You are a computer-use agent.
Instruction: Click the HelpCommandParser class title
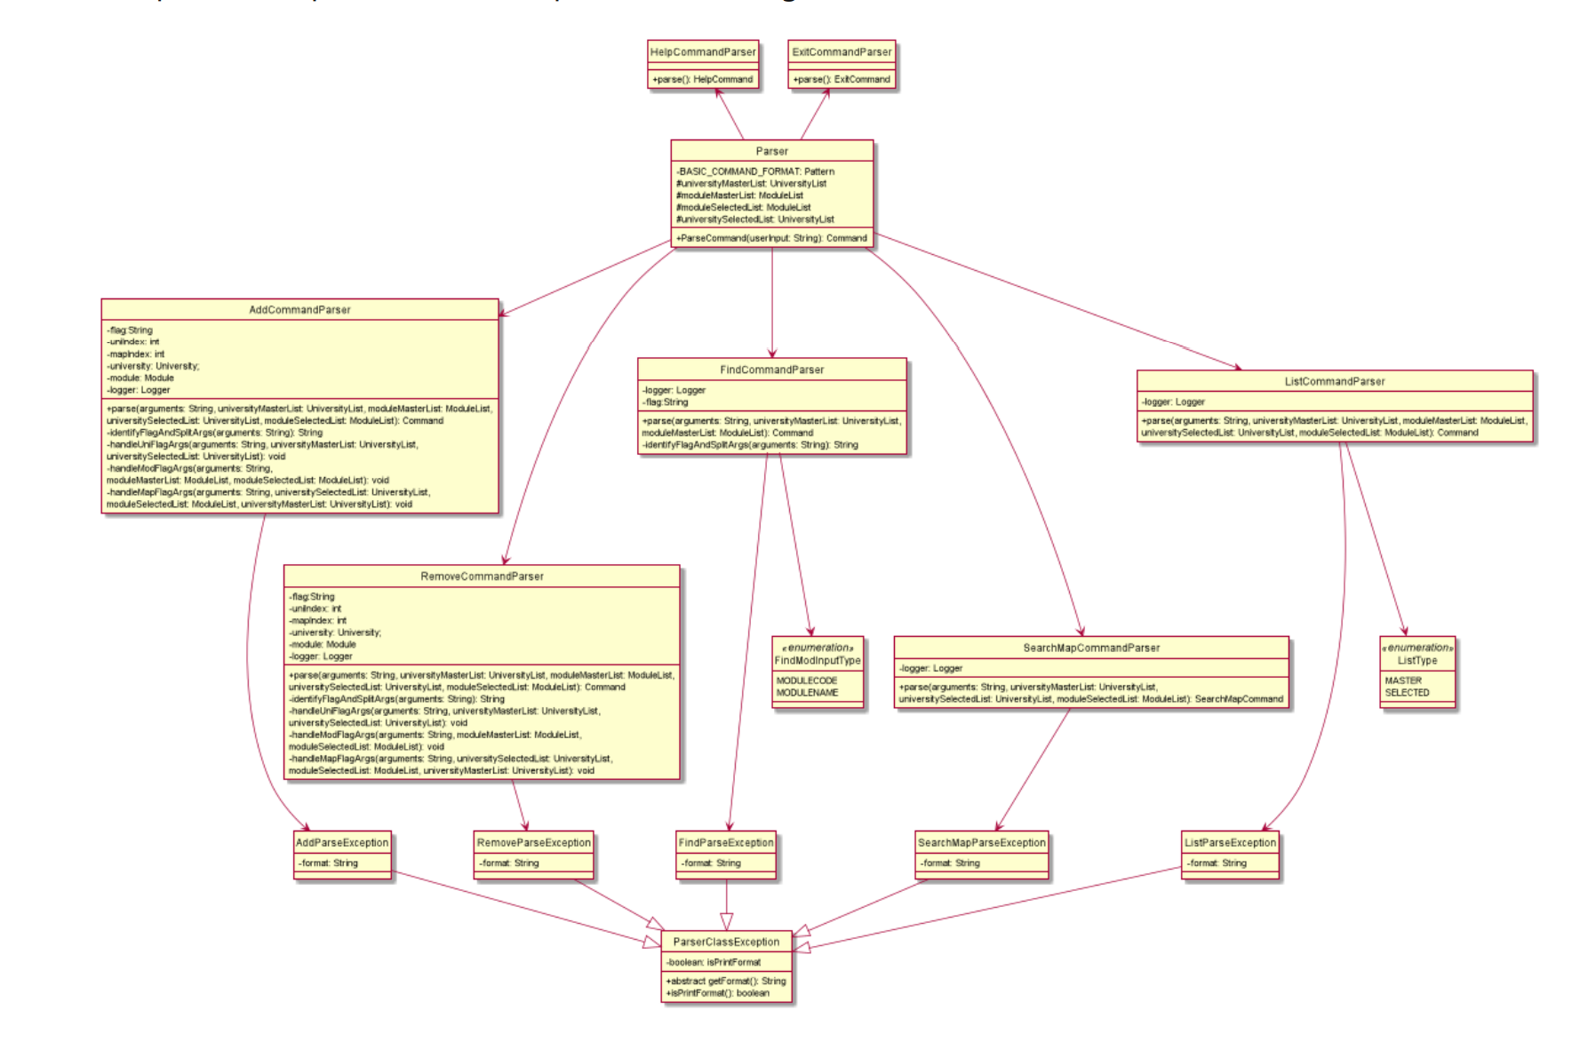[703, 52]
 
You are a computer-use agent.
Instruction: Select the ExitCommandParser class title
[842, 52]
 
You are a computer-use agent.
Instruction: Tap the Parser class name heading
[771, 152]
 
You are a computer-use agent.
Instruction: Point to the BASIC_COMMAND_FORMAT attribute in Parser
[756, 171]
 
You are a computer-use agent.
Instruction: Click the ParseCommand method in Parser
[771, 238]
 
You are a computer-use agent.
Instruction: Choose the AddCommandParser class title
[299, 310]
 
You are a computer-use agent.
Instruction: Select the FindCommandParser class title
[771, 370]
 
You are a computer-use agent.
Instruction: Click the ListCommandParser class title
[1334, 382]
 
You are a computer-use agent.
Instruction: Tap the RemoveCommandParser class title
[482, 577]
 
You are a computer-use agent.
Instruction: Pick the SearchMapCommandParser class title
[1091, 648]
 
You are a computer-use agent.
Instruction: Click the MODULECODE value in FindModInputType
[807, 680]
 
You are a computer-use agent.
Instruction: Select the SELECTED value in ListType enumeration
[1407, 693]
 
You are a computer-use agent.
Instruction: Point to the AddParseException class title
[342, 843]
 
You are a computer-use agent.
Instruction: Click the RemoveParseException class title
[533, 843]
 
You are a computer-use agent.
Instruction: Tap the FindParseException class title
[726, 843]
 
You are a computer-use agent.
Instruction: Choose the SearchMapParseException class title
[981, 843]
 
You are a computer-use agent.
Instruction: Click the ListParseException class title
[1230, 843]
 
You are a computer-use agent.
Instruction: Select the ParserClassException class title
[726, 943]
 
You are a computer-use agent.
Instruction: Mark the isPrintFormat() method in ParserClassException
[717, 993]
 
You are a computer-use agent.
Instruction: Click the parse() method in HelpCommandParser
[703, 80]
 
